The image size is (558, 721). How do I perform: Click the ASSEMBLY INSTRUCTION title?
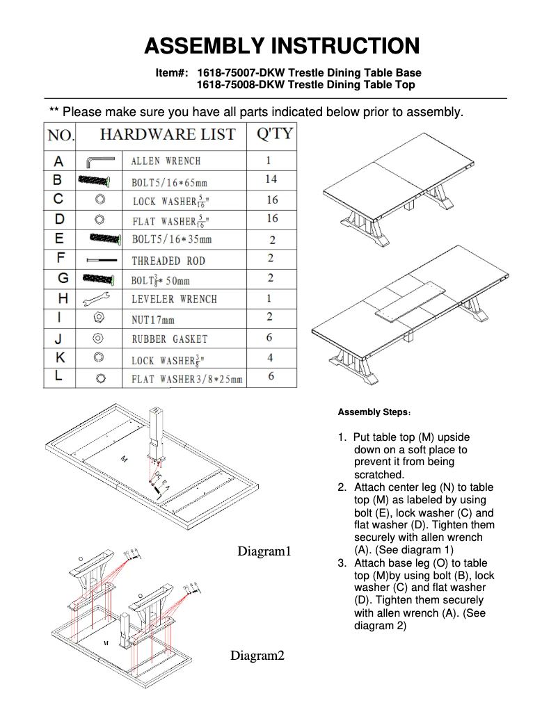coord(282,46)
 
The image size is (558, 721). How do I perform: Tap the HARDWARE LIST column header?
coord(168,134)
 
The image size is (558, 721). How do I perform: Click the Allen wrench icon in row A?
coord(99,161)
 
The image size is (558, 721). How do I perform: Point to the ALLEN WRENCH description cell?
coord(166,161)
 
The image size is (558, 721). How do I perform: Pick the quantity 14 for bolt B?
coord(271,179)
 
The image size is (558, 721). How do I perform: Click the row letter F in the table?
coord(60,259)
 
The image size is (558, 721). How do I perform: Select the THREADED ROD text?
coord(168,261)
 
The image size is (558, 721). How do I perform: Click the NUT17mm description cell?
coord(153,320)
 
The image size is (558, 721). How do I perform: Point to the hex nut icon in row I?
coord(99,318)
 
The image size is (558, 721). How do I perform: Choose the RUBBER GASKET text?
coord(170,339)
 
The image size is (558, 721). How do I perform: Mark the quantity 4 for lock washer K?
coord(270,358)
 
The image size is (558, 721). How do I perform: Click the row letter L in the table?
coord(60,377)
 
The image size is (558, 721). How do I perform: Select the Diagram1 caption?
coord(264,551)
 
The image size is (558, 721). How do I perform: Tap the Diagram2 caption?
coord(257,656)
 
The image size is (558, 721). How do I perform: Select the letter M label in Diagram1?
coord(124,459)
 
